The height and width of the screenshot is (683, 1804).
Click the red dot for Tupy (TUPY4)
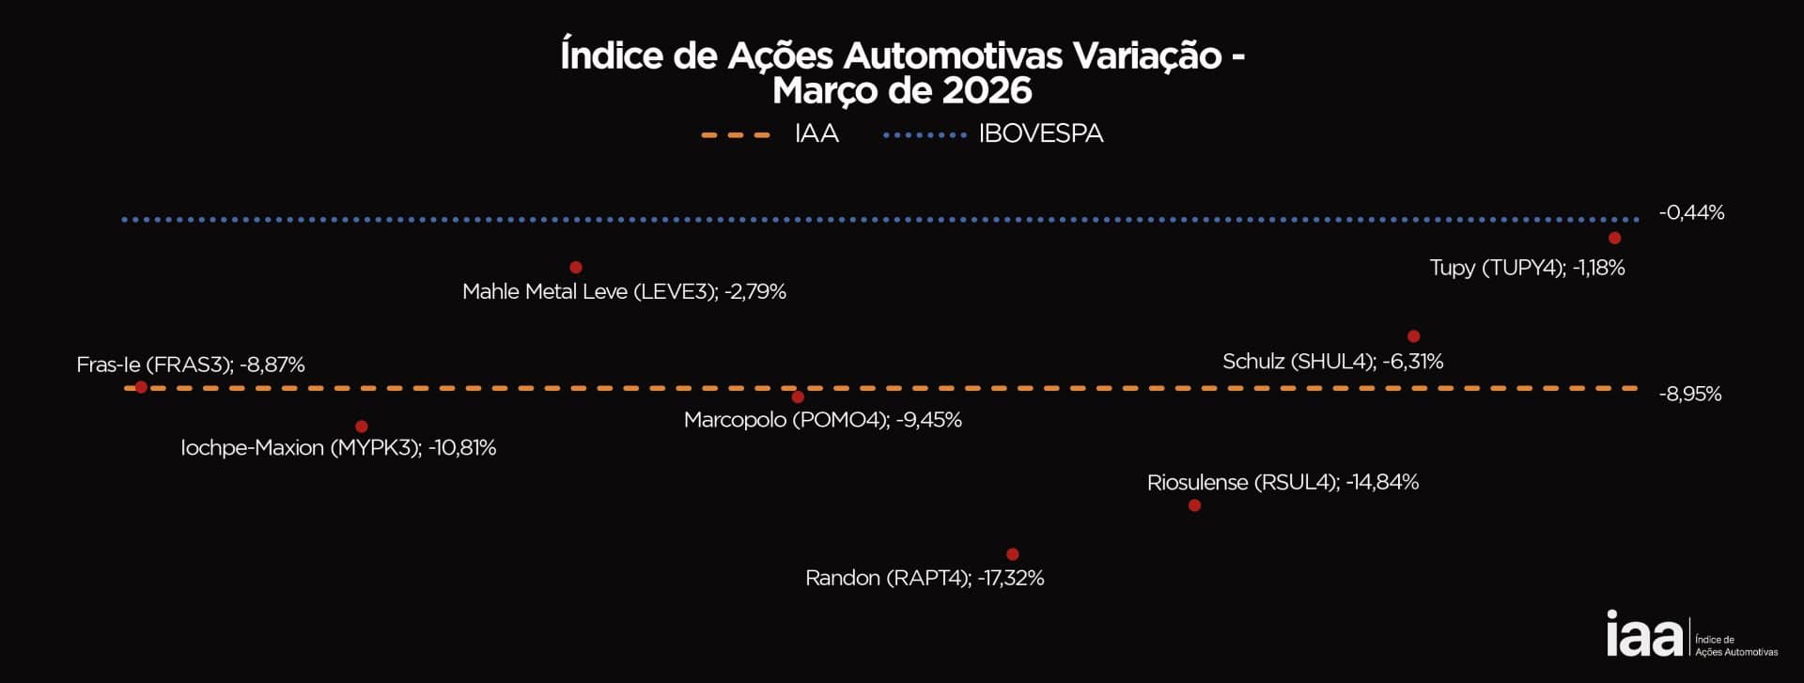tap(1614, 238)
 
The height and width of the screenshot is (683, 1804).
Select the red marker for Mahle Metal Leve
tap(576, 268)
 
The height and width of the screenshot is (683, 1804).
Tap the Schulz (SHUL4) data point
tap(1413, 336)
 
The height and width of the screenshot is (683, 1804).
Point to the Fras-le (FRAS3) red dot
tap(141, 387)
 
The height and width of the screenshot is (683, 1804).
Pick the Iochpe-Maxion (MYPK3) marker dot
tap(362, 427)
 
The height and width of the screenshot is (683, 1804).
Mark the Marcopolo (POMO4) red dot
tap(798, 397)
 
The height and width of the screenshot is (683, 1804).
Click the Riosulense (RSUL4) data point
tap(1194, 505)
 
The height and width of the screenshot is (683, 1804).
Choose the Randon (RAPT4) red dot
tap(1012, 554)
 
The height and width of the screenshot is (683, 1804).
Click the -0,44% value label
tap(1691, 213)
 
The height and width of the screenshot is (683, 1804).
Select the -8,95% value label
tap(1690, 395)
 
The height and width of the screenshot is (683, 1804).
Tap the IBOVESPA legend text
tap(1040, 134)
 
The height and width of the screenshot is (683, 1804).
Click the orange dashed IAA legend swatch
tap(736, 135)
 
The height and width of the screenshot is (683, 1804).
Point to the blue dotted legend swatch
tap(925, 135)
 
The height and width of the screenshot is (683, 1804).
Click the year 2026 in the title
tap(987, 91)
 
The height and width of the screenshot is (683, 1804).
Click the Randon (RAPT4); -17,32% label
tap(925, 578)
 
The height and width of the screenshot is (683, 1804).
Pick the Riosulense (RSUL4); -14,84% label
tap(1283, 483)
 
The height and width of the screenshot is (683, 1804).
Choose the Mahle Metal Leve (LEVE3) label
tap(624, 292)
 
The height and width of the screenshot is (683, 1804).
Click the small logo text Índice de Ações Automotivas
tap(1735, 645)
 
